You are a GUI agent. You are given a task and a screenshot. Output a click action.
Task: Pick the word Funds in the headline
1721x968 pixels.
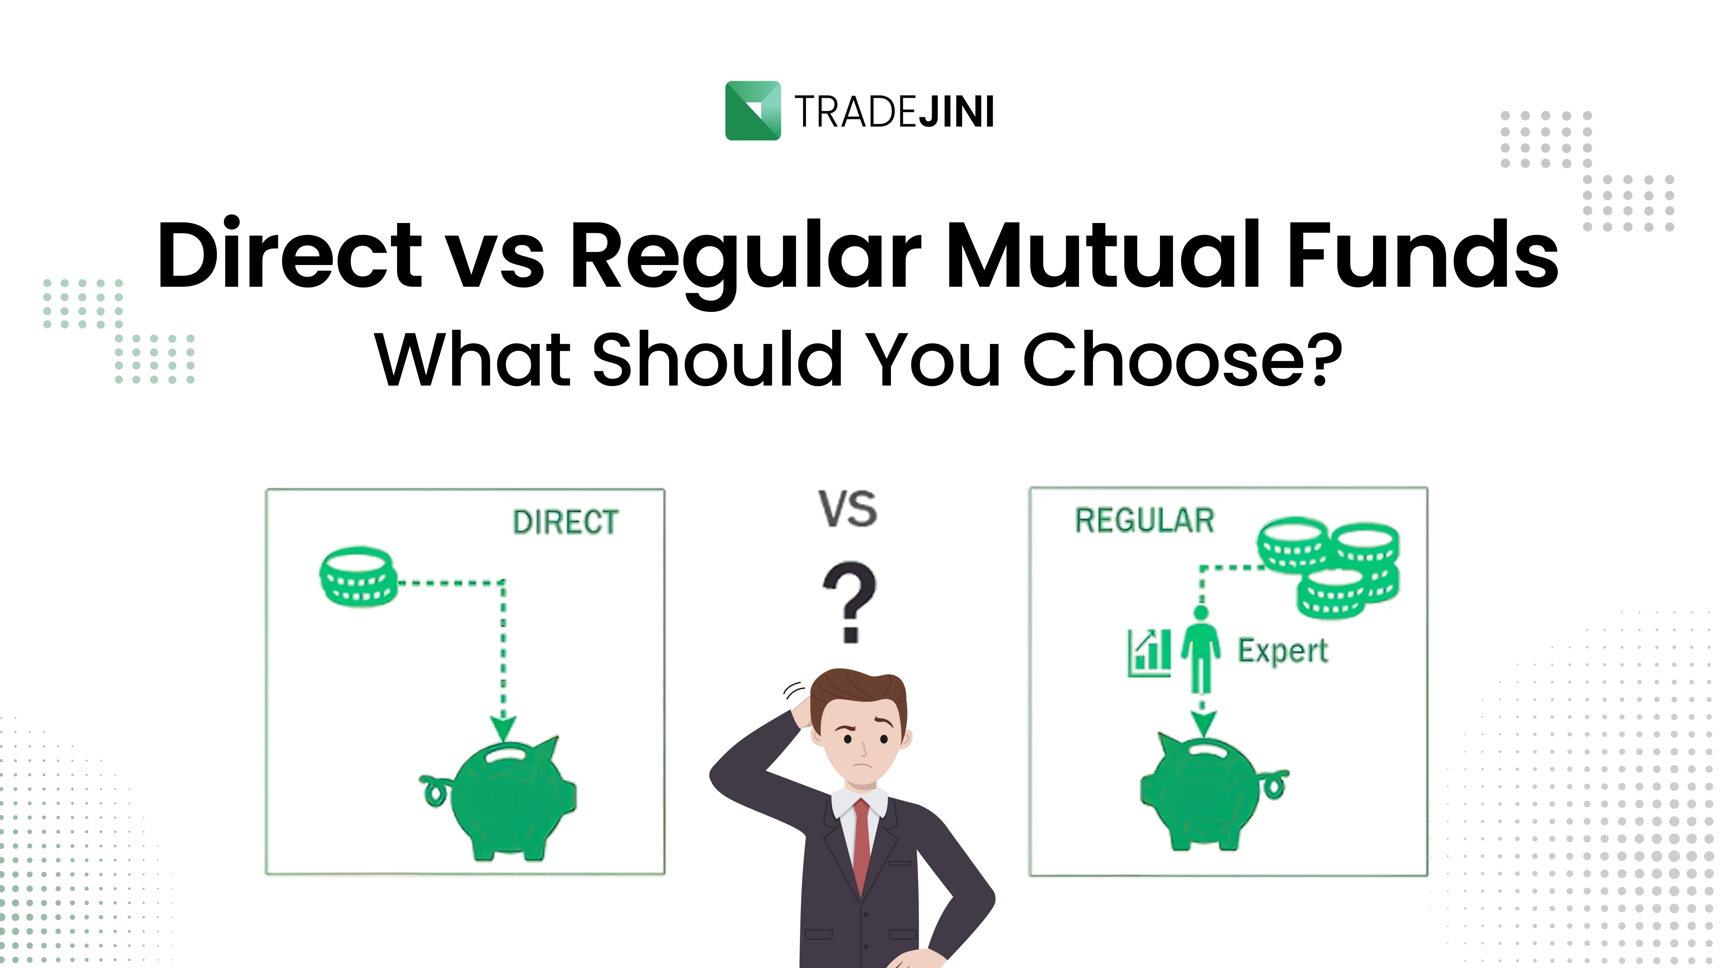click(1423, 255)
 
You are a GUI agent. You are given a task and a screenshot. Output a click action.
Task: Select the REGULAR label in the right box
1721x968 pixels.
click(1144, 520)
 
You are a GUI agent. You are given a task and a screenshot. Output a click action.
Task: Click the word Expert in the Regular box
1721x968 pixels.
click(1283, 651)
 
